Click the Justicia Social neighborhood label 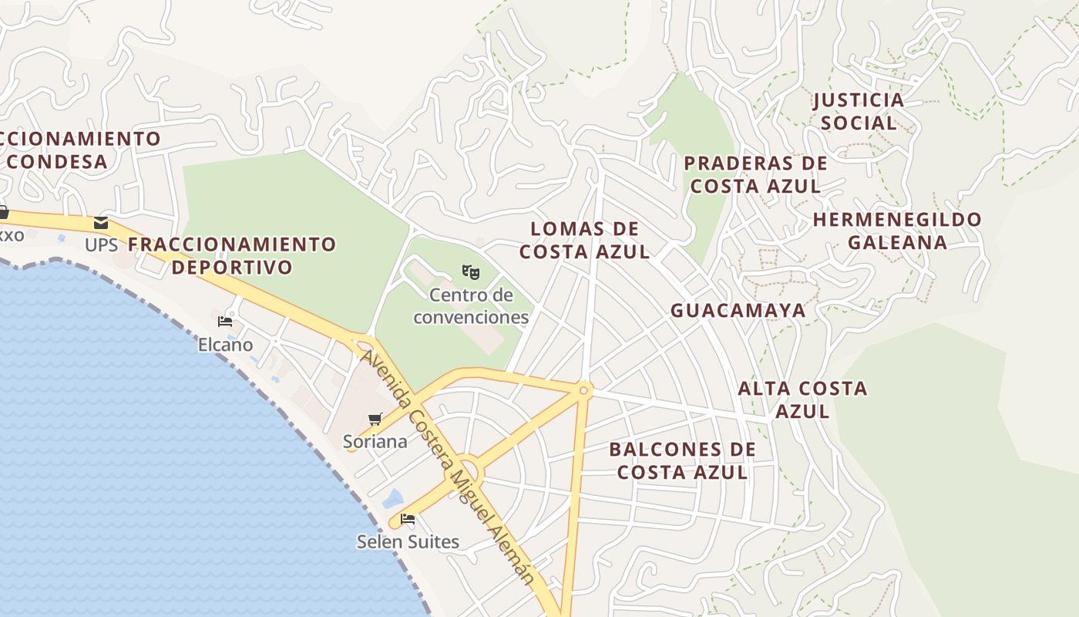click(858, 111)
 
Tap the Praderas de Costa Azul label click(755, 174)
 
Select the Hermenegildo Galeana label click(897, 231)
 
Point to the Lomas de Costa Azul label click(585, 240)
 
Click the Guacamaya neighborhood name click(738, 310)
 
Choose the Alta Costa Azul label click(802, 399)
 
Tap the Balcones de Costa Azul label click(682, 460)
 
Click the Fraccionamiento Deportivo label click(232, 255)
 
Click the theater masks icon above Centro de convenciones click(471, 271)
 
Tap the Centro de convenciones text click(471, 306)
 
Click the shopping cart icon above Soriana click(375, 420)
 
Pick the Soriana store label click(375, 442)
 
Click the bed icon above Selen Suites click(408, 519)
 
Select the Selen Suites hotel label click(408, 542)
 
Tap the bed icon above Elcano click(225, 321)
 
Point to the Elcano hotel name click(225, 345)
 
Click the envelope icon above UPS click(101, 224)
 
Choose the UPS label click(101, 245)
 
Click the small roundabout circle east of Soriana click(583, 391)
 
